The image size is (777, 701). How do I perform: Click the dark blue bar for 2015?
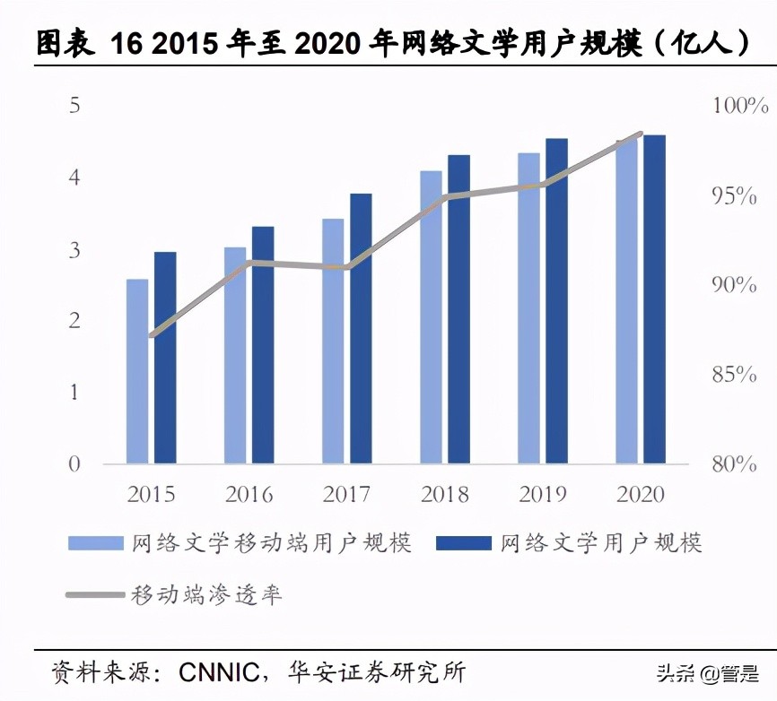[165, 358]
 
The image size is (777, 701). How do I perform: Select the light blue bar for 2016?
[235, 355]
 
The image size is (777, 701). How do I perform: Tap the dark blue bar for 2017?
[361, 328]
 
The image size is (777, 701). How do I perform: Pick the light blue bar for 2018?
[431, 317]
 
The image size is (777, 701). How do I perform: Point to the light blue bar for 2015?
[137, 371]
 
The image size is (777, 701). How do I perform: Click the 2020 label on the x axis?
[641, 495]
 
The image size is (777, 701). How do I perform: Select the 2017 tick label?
[346, 495]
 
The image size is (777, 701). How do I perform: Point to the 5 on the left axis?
[74, 106]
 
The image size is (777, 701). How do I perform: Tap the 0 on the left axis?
[74, 464]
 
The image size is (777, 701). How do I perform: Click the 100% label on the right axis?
[740, 106]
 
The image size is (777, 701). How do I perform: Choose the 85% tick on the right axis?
[735, 375]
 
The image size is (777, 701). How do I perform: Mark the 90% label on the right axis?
[735, 285]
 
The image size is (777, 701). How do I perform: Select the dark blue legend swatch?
[464, 543]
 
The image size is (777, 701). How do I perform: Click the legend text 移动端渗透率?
[207, 594]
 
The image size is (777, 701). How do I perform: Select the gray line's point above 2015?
[153, 335]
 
